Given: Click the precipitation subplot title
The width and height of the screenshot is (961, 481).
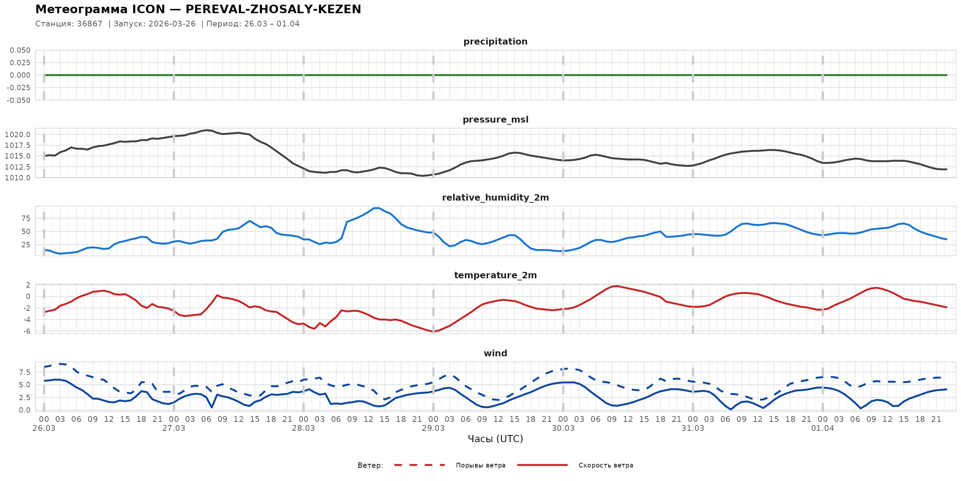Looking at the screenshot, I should click(x=495, y=41).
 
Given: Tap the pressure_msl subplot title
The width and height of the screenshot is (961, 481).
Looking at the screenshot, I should click(x=495, y=119).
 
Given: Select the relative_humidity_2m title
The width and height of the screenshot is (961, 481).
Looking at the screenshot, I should click(x=495, y=197).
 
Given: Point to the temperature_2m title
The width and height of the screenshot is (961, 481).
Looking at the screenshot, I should click(x=495, y=275).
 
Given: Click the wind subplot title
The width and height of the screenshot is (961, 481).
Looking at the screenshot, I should click(x=495, y=353).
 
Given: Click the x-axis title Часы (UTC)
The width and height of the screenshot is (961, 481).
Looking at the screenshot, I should click(x=495, y=439).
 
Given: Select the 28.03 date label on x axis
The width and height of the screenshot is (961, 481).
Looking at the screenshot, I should click(x=303, y=428).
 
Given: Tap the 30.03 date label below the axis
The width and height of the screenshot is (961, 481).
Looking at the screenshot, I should click(x=563, y=428).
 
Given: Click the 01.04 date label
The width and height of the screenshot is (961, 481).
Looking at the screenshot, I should click(x=822, y=428).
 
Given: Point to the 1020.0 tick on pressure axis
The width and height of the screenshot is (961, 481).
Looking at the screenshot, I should click(x=17, y=135).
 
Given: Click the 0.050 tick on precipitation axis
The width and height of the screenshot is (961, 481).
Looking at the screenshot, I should click(x=20, y=50).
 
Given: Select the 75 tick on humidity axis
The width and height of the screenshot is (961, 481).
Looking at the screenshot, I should click(x=26, y=218).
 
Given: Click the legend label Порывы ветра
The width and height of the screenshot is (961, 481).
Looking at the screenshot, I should click(x=480, y=465).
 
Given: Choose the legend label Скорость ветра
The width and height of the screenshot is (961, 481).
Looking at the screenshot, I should click(x=605, y=465).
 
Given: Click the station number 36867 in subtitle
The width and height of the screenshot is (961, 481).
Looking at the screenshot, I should click(x=90, y=24).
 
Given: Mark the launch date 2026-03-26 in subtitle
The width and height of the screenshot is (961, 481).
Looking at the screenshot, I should click(x=172, y=24).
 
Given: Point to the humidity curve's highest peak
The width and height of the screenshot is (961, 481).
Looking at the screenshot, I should click(x=377, y=208).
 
